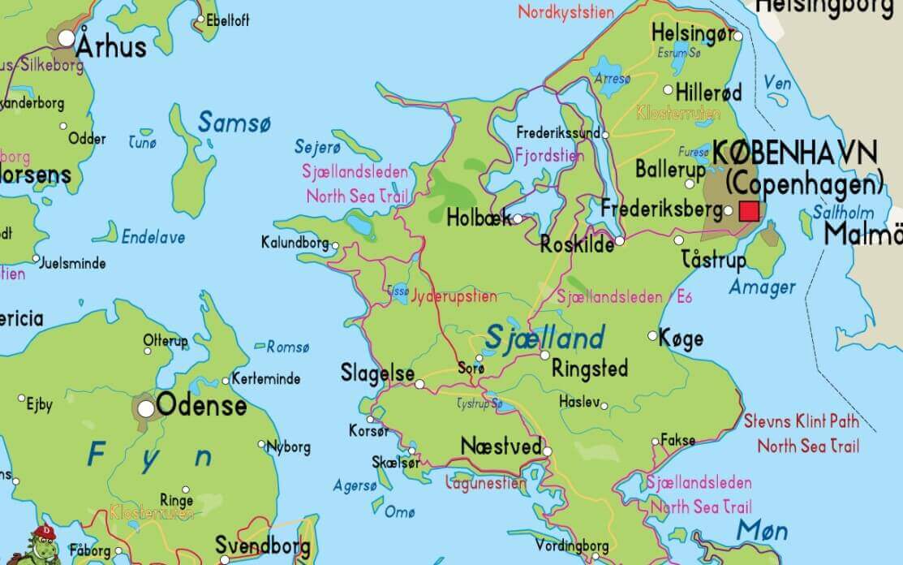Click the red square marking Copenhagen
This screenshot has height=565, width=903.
[x=749, y=211]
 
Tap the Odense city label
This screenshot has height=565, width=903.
[x=201, y=405]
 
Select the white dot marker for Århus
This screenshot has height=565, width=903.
[x=67, y=38]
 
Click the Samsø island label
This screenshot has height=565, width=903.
[x=234, y=123]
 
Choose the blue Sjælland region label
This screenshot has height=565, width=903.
[x=545, y=336]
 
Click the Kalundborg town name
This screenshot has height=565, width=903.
[x=295, y=242]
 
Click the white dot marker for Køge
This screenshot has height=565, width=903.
[x=652, y=335]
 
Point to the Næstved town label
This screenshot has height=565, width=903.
[x=501, y=446]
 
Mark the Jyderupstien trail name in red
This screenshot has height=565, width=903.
[x=454, y=296]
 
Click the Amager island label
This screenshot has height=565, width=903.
[x=762, y=287]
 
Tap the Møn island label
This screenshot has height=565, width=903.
[x=762, y=531]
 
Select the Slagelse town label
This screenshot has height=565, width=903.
[x=377, y=374]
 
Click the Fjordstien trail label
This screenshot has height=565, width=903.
[x=549, y=155]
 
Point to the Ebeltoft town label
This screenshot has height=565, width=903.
[x=228, y=21]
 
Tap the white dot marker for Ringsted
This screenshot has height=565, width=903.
[x=544, y=355]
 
